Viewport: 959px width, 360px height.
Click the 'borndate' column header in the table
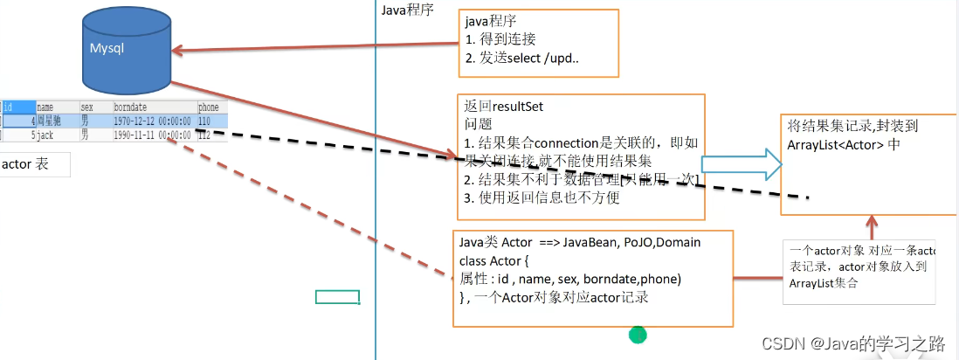tap(132, 107)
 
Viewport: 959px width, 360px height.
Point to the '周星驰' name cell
tap(49, 121)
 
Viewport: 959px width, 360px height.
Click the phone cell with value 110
tap(206, 121)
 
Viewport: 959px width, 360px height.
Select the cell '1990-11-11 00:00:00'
tap(152, 135)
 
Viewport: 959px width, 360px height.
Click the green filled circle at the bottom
tap(638, 334)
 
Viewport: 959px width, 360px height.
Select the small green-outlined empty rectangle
tap(337, 297)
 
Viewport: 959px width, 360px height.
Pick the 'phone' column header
tap(208, 107)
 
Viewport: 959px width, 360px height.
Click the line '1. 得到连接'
tap(500, 39)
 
